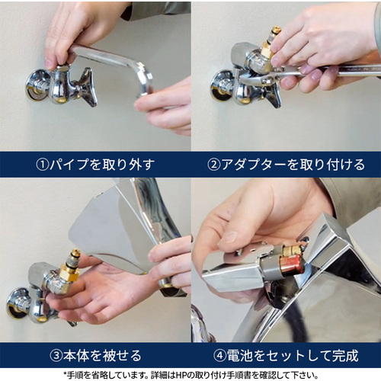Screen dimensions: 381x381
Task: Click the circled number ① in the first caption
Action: coord(42,165)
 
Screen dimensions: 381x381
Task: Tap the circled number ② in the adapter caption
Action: coord(213,165)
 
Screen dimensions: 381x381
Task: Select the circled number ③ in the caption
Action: coord(56,356)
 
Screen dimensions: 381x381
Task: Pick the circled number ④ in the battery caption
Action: coord(219,356)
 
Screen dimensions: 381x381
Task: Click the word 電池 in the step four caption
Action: coord(239,356)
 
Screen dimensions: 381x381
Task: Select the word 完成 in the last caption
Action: coord(345,356)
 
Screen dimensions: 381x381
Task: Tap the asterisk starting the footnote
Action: coord(65,374)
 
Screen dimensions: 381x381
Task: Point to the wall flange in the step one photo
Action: coord(36,85)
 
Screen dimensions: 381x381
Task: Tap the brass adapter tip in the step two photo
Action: coord(276,30)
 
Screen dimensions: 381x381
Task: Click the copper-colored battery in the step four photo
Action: coord(290,265)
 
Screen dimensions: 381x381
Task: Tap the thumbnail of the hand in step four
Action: coord(231,237)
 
